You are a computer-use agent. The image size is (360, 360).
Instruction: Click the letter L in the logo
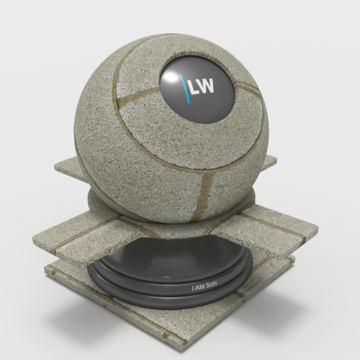click(193, 87)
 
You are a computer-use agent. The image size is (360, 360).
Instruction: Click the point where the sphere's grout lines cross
click(211, 172)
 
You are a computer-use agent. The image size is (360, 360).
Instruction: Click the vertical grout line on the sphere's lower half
click(203, 197)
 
